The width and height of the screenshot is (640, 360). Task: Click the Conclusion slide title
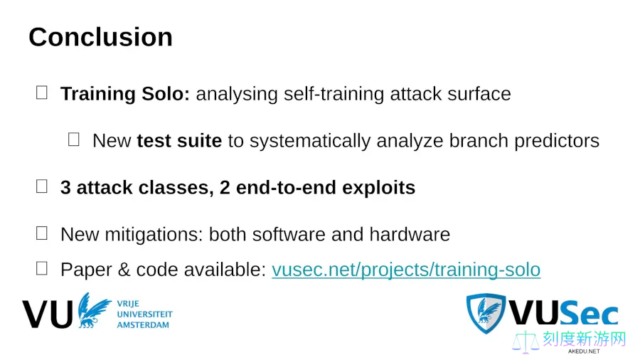[100, 37]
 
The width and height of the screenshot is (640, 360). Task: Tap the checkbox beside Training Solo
[42, 92]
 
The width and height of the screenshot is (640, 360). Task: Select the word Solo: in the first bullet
[166, 94]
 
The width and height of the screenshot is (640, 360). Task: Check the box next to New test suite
[73, 139]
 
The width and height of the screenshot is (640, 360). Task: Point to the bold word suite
[199, 141]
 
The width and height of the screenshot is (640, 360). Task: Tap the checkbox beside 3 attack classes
[42, 186]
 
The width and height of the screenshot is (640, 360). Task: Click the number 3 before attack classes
[65, 188]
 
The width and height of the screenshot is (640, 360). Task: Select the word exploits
[379, 188]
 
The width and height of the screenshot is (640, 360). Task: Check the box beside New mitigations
[42, 233]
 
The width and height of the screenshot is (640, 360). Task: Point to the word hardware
[410, 235]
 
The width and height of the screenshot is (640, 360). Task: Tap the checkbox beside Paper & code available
[42, 268]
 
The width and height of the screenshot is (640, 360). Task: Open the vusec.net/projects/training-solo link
[406, 270]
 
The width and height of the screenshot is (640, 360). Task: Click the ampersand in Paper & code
[124, 270]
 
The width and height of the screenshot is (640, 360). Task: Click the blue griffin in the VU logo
[94, 310]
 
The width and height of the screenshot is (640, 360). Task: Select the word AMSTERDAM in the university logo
[143, 325]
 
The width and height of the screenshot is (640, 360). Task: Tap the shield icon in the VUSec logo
[486, 313]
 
